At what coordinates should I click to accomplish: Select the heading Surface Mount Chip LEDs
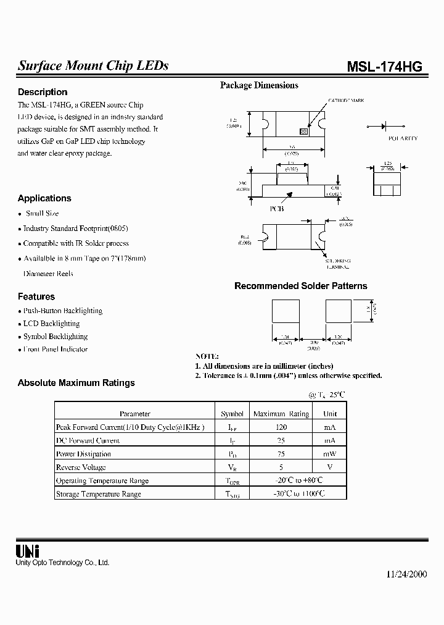92,66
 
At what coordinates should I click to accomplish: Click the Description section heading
43,92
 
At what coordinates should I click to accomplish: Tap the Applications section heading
44,198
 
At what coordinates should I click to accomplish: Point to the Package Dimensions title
259,85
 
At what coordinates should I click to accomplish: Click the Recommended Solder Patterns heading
300,286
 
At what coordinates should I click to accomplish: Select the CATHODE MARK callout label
347,100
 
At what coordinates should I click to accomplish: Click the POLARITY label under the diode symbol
403,138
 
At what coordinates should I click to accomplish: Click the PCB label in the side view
277,209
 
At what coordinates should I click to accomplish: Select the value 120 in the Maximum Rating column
281,427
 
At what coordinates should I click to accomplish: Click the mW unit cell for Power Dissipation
330,454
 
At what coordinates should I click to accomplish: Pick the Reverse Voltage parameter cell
81,468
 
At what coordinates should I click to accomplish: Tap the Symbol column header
232,414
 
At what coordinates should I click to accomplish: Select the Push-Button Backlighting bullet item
62,311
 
